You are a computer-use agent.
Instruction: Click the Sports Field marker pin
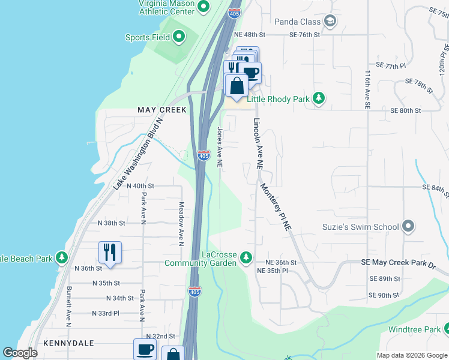point(179,37)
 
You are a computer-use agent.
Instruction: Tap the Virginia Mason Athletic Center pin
point(203,7)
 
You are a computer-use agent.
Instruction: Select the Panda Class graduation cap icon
point(330,22)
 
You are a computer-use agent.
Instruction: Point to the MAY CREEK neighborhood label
point(162,110)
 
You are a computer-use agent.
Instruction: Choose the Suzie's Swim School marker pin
point(408,226)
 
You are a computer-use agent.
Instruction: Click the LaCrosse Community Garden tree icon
point(245,257)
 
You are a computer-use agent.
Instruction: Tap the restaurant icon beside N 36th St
point(110,252)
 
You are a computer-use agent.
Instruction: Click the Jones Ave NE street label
point(220,147)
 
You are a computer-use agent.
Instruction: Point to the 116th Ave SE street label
point(367,91)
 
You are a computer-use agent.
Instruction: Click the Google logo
point(20,353)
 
